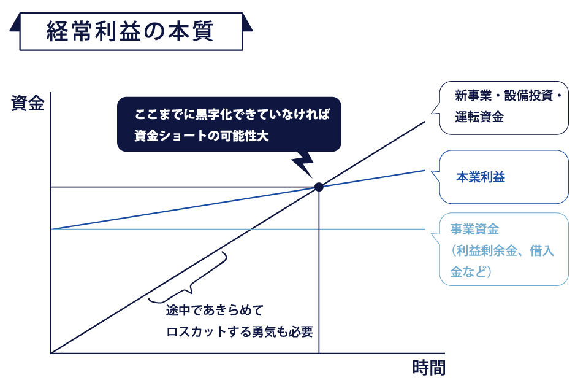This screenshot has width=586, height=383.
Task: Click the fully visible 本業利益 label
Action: click(x=481, y=177)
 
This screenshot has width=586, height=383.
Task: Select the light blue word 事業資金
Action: click(x=474, y=230)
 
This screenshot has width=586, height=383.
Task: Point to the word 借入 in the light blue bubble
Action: click(x=542, y=250)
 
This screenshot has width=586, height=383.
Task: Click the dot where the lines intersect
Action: click(x=319, y=187)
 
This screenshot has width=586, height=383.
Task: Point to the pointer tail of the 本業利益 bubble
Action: click(x=436, y=177)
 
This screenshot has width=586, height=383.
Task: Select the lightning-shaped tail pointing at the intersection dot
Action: click(x=304, y=164)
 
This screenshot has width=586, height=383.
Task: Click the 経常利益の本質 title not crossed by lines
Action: click(x=130, y=31)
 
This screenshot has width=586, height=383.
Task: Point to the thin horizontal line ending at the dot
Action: click(x=184, y=187)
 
